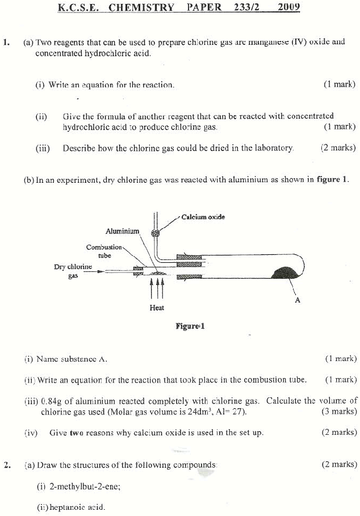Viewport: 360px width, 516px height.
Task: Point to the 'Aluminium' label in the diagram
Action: coord(122,231)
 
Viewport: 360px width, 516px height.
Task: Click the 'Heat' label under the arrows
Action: coord(157,308)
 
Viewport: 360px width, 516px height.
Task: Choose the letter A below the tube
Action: coord(297,300)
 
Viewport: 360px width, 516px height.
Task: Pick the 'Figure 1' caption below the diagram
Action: coord(190,326)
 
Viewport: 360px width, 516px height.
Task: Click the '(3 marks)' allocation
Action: coord(339,412)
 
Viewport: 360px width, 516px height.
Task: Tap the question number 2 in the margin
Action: coord(6,465)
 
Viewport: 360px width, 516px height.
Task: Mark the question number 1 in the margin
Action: coord(6,42)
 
